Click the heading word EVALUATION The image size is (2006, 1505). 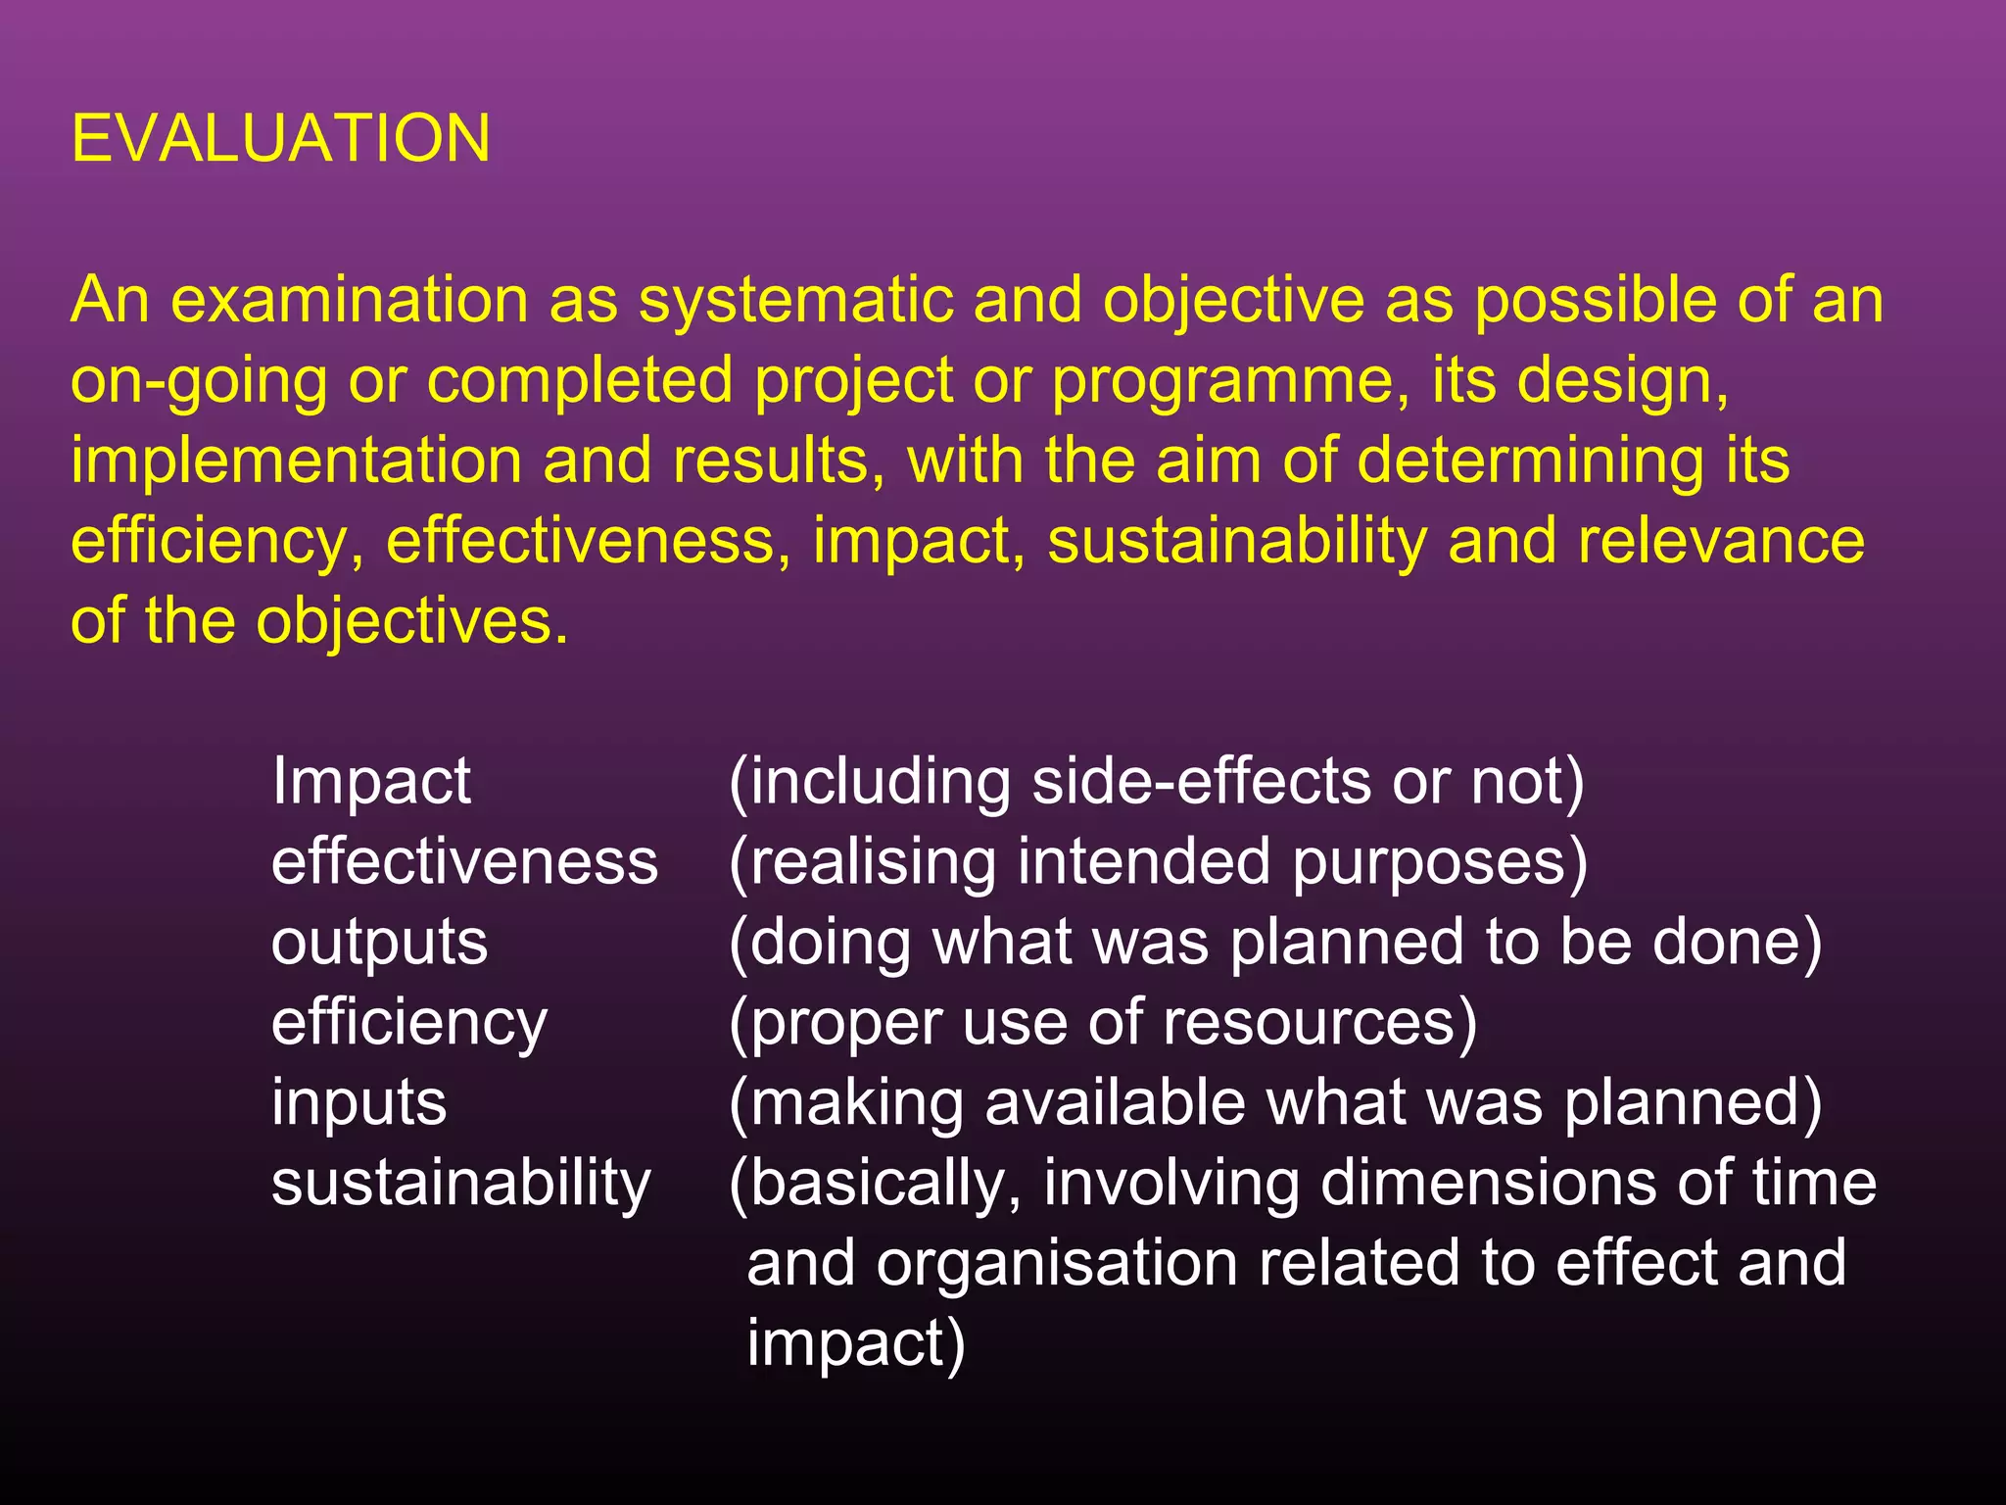point(281,138)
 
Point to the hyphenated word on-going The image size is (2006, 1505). point(199,380)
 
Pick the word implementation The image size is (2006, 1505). point(296,461)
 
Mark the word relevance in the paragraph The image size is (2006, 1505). point(1721,541)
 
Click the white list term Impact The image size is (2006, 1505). point(371,782)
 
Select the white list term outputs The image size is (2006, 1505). point(379,943)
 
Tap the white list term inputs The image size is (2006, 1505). point(358,1103)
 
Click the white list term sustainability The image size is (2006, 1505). point(461,1184)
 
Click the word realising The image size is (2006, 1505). point(872,862)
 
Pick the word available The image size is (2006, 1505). point(1115,1103)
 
